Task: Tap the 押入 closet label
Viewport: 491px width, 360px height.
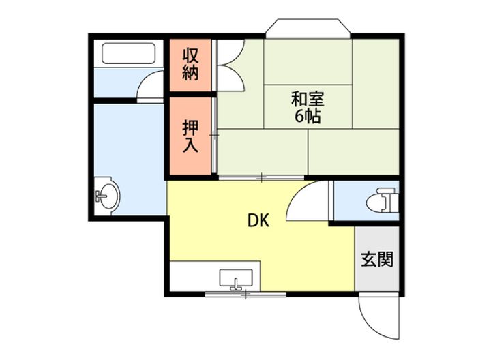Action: pyautogui.click(x=190, y=137)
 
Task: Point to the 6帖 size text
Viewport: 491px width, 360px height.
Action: pyautogui.click(x=308, y=116)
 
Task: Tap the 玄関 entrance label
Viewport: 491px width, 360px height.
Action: pyautogui.click(x=376, y=259)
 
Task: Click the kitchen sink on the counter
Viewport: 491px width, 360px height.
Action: pyautogui.click(x=236, y=279)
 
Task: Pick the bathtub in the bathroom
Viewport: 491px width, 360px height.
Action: pyautogui.click(x=129, y=53)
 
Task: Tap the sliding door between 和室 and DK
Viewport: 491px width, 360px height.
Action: pyautogui.click(x=263, y=178)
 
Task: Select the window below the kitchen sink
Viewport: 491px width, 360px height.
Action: pyautogui.click(x=245, y=294)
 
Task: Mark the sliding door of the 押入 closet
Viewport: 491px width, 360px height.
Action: pyautogui.click(x=214, y=136)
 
